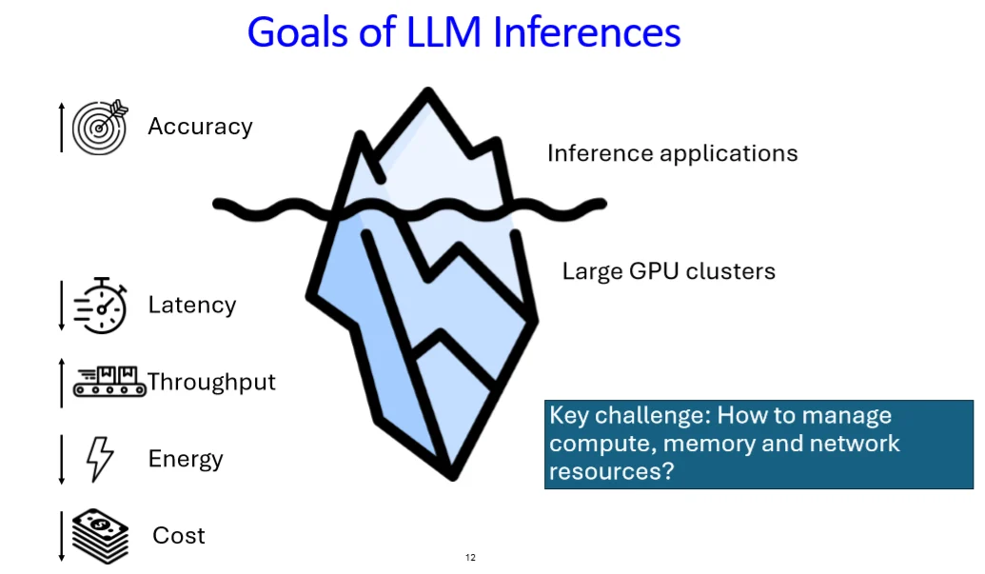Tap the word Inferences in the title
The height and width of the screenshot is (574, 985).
coord(587,32)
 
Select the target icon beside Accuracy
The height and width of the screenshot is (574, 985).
coord(99,126)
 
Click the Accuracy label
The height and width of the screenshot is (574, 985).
coord(200,127)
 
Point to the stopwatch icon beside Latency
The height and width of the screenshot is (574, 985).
coord(100,306)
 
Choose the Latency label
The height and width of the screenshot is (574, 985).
coord(191,306)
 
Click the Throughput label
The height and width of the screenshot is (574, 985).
coord(211,382)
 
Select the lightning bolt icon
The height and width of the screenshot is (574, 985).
coord(100,459)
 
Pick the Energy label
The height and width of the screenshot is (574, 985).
coord(186,459)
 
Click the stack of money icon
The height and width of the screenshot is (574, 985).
coord(100,535)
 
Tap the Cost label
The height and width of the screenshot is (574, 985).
coord(179,536)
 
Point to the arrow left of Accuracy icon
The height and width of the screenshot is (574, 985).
coord(62,127)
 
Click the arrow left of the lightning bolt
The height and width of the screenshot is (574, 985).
coord(62,459)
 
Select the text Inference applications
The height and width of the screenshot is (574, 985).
coord(672,153)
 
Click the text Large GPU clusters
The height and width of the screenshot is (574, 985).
coord(668,271)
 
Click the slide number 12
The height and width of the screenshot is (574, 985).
coord(470,557)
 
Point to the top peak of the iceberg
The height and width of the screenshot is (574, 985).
coord(428,95)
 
